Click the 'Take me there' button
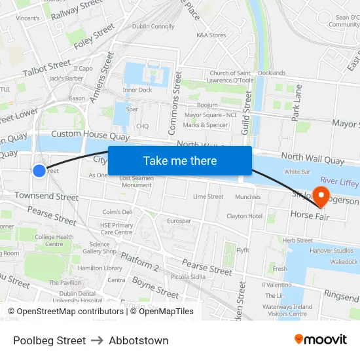coord(180,160)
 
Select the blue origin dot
coord(39,171)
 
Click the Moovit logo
coord(321,340)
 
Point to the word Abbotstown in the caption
coord(139,340)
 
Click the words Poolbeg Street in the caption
coord(49,340)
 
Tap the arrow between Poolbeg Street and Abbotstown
coord(97,340)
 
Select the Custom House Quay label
coord(90,135)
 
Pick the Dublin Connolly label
coord(153,27)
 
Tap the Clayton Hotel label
coord(244,216)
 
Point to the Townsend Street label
coord(46,196)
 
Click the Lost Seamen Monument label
coord(135,181)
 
